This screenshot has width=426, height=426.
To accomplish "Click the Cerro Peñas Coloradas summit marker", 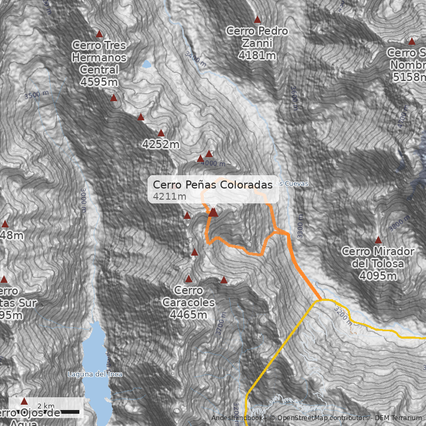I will coord(213,212).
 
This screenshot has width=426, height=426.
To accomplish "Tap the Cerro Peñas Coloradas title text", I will coord(212,184).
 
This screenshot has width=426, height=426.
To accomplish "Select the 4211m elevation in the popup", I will coord(169,196).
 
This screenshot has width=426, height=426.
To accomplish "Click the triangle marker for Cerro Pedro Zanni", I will coord(257,20).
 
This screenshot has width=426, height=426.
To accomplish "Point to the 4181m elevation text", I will coord(257,55).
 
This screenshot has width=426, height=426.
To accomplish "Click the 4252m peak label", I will coord(161,144).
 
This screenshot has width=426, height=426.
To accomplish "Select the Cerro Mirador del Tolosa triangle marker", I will coord(378,240).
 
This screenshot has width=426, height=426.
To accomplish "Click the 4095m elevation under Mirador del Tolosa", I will coord(378,275).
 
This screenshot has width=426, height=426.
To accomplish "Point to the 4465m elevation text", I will coord(189,315).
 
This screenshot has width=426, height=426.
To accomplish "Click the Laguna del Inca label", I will coord(95,374).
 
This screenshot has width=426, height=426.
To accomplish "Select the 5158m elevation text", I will coord(409,78).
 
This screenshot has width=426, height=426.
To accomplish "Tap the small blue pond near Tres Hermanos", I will coord(146,64).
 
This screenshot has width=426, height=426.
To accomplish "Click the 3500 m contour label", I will coord(36,95).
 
